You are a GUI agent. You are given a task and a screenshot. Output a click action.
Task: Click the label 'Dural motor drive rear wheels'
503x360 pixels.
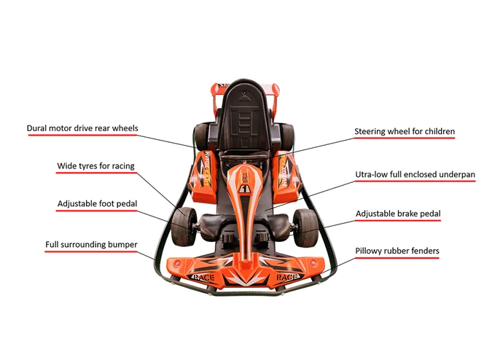tap(82, 128)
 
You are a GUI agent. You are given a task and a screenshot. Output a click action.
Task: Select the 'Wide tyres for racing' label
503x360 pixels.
tap(95, 166)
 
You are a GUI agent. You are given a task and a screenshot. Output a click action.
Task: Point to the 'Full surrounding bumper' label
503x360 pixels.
tap(91, 243)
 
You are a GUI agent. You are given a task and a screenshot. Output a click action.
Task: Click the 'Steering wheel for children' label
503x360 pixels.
tap(405, 132)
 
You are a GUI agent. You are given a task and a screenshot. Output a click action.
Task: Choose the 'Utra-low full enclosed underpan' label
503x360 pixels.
tap(415, 175)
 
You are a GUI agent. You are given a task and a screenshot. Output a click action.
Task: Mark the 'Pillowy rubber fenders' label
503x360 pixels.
tap(397, 251)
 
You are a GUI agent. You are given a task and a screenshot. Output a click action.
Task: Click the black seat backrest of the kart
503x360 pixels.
tap(245, 114)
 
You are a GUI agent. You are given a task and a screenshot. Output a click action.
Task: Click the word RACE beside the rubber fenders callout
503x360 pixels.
tap(286, 278)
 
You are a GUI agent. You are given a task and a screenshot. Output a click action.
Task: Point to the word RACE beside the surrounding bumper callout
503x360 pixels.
tap(202, 278)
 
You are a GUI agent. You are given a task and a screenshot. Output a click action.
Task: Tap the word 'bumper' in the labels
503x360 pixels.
tap(120, 243)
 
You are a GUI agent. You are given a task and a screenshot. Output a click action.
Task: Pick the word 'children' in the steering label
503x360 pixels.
tap(437, 132)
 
